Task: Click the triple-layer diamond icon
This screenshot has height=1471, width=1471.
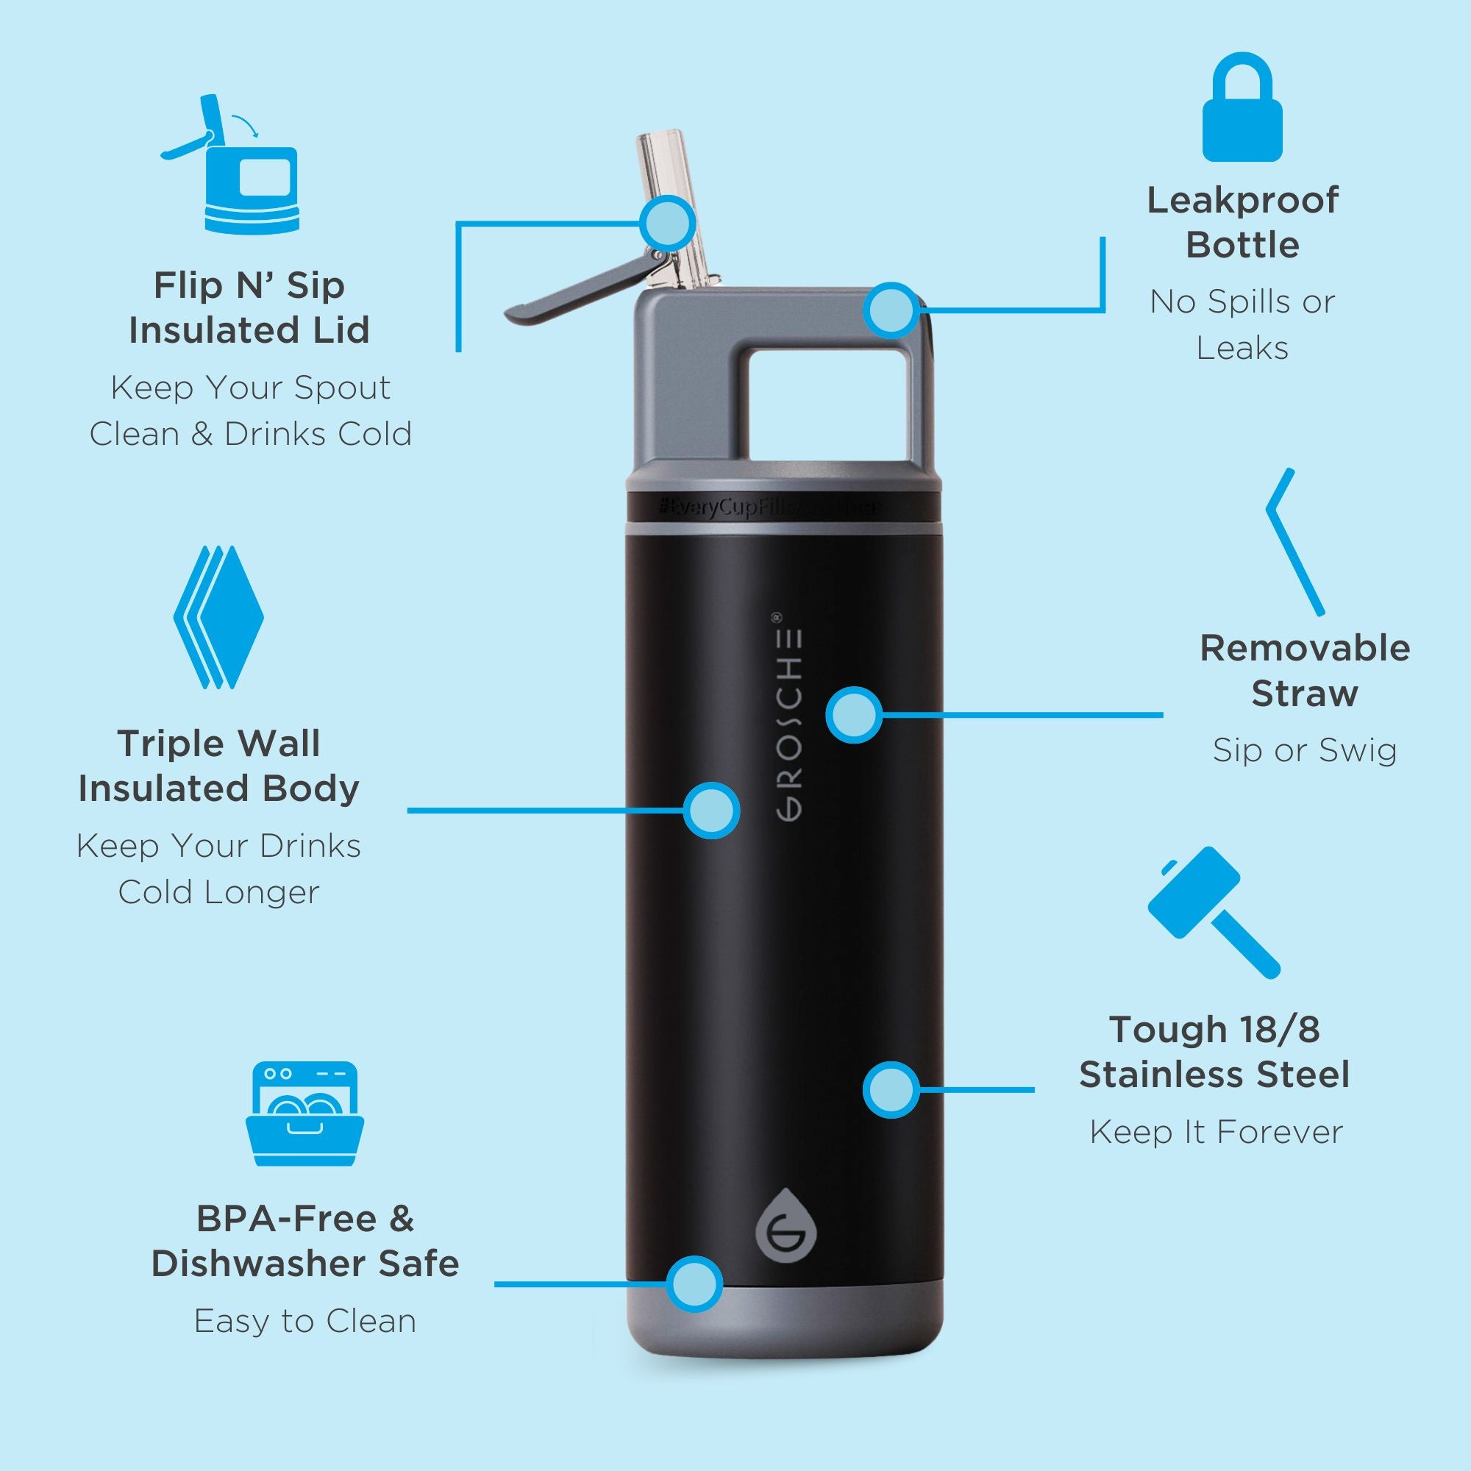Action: pyautogui.click(x=218, y=617)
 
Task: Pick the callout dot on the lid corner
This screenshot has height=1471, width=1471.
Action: pyautogui.click(x=891, y=310)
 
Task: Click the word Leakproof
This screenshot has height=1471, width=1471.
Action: pyautogui.click(x=1242, y=201)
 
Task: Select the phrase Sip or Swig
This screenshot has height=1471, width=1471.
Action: pyautogui.click(x=1304, y=751)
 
